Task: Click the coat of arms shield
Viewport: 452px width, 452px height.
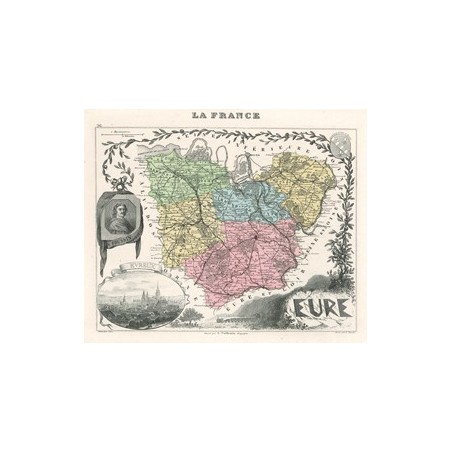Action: coord(339,138)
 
